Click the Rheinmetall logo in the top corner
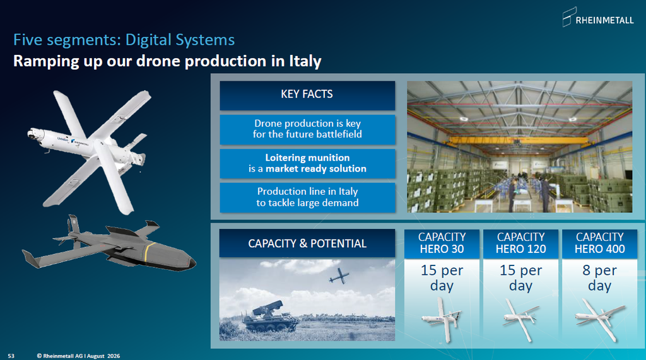click(x=598, y=17)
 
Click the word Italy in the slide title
click(x=305, y=61)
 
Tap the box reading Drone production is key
click(x=307, y=129)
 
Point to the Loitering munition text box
click(x=307, y=163)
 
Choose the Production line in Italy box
click(x=307, y=197)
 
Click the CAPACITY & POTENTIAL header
click(x=307, y=243)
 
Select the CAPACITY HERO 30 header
click(x=442, y=244)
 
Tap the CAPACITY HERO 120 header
click(x=520, y=244)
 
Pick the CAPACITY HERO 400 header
click(x=600, y=244)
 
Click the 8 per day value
click(x=600, y=277)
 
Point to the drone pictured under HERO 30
click(x=442, y=320)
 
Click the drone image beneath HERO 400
click(x=600, y=320)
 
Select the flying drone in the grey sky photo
click(x=339, y=276)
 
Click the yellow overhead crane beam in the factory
click(x=520, y=141)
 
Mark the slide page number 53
click(x=11, y=356)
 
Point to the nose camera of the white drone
click(x=31, y=134)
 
